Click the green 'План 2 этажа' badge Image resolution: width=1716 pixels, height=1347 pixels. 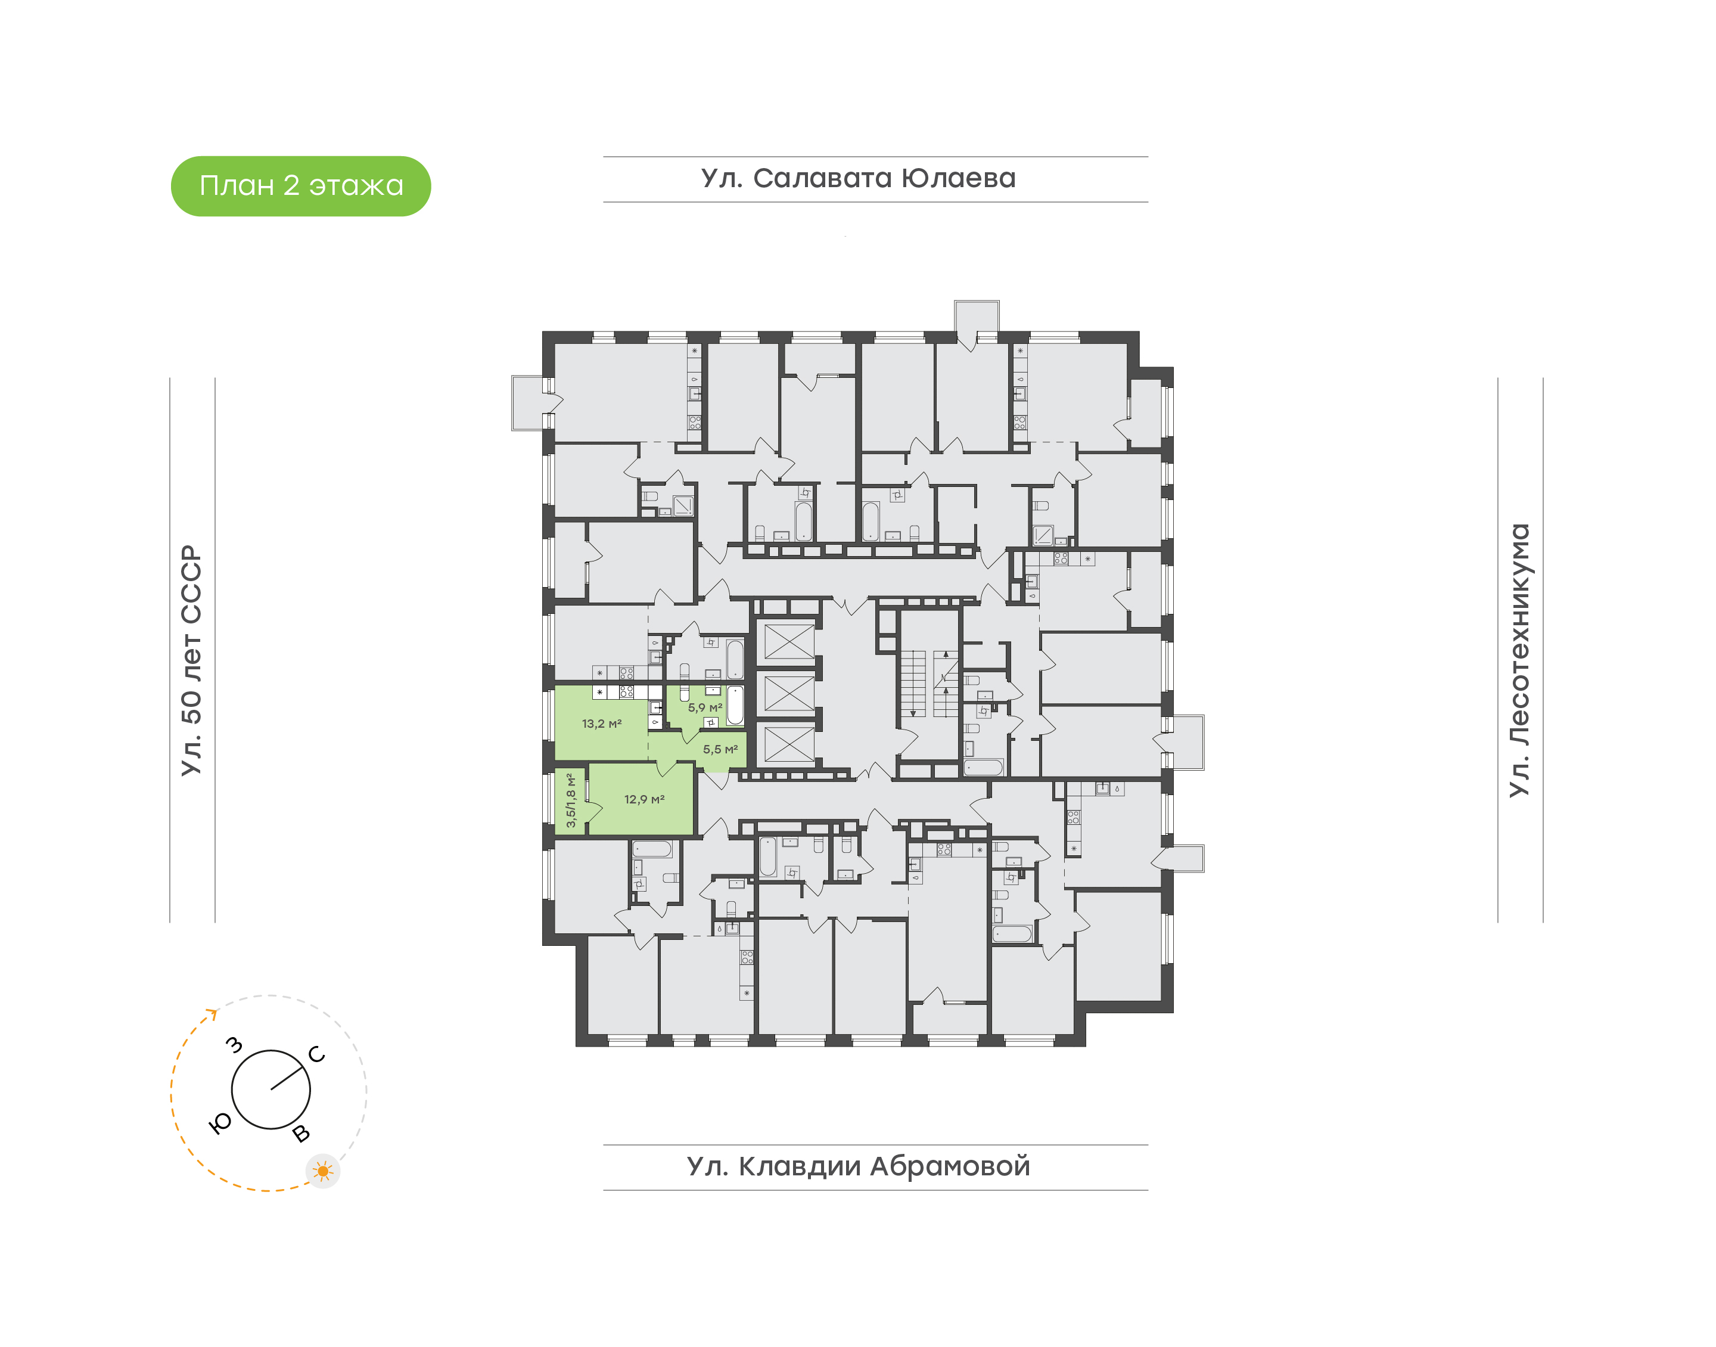pyautogui.click(x=300, y=186)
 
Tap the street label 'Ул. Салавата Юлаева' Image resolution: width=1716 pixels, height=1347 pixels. pyautogui.click(x=859, y=178)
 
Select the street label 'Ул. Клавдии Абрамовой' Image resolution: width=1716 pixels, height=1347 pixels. pyautogui.click(x=859, y=1166)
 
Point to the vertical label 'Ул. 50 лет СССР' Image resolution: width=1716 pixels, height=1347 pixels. pyautogui.click(x=191, y=660)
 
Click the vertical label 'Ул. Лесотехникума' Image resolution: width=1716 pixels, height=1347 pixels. pyautogui.click(x=1519, y=660)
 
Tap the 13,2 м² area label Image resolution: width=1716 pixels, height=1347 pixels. pyautogui.click(x=601, y=723)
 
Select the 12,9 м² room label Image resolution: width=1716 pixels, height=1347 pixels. pyautogui.click(x=644, y=799)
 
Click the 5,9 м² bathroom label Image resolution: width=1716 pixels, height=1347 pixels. pyautogui.click(x=705, y=707)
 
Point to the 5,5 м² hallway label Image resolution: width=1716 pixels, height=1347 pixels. pyautogui.click(x=720, y=749)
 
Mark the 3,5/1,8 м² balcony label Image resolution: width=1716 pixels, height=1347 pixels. pyautogui.click(x=571, y=800)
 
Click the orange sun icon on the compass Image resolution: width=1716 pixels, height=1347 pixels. pyautogui.click(x=322, y=1171)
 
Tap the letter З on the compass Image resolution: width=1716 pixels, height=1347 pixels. pyautogui.click(x=234, y=1046)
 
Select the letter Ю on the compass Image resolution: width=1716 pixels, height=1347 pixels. pyautogui.click(x=220, y=1123)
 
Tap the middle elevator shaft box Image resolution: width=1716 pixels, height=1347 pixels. pyautogui.click(x=789, y=693)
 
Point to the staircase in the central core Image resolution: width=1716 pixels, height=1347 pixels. pyautogui.click(x=929, y=684)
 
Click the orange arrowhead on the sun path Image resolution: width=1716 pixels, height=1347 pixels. pyautogui.click(x=212, y=1013)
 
